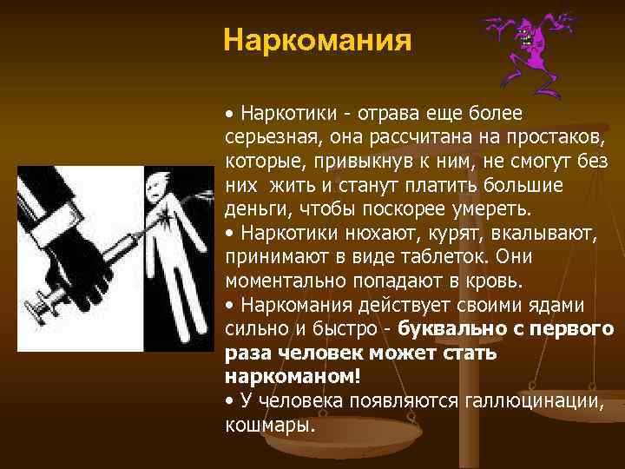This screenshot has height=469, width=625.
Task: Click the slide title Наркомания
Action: click(316, 41)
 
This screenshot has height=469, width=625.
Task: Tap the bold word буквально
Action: click(450, 329)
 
